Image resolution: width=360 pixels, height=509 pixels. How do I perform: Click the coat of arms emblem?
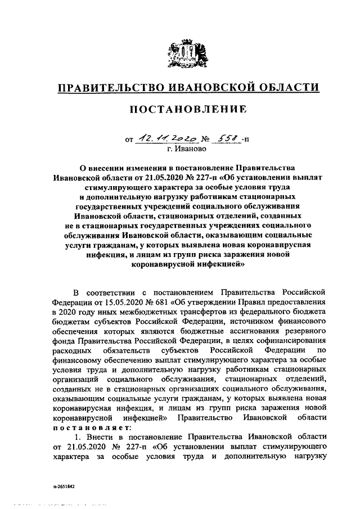point(188,52)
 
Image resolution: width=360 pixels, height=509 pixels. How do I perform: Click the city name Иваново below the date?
point(188,149)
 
